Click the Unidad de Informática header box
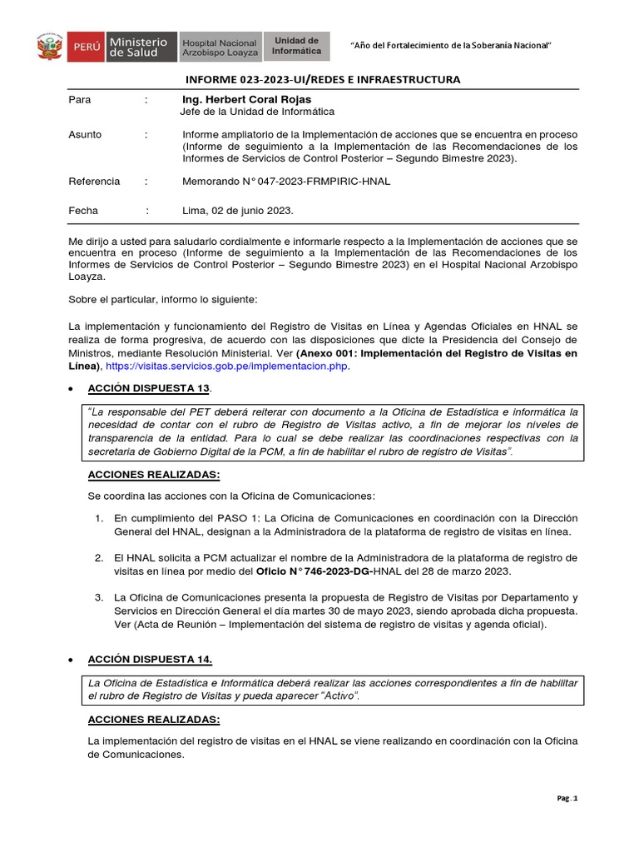pos(296,46)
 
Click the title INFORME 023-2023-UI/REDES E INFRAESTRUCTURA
pos(321,79)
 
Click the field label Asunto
pos(85,134)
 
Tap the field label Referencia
pos(94,181)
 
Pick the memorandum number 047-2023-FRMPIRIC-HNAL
pos(286,181)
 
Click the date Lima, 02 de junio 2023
pos(237,211)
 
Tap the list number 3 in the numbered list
pos(97,597)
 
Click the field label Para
pos(79,99)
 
